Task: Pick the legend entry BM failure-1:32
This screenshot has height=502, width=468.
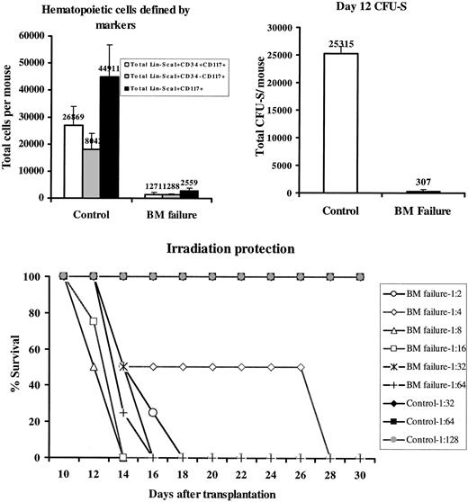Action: point(419,362)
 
